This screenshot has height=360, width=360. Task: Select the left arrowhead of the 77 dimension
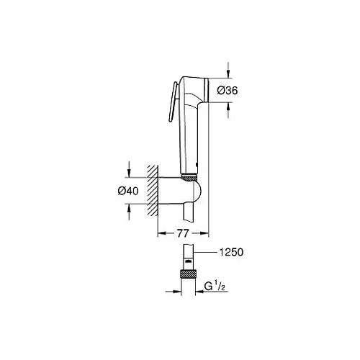(160, 234)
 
